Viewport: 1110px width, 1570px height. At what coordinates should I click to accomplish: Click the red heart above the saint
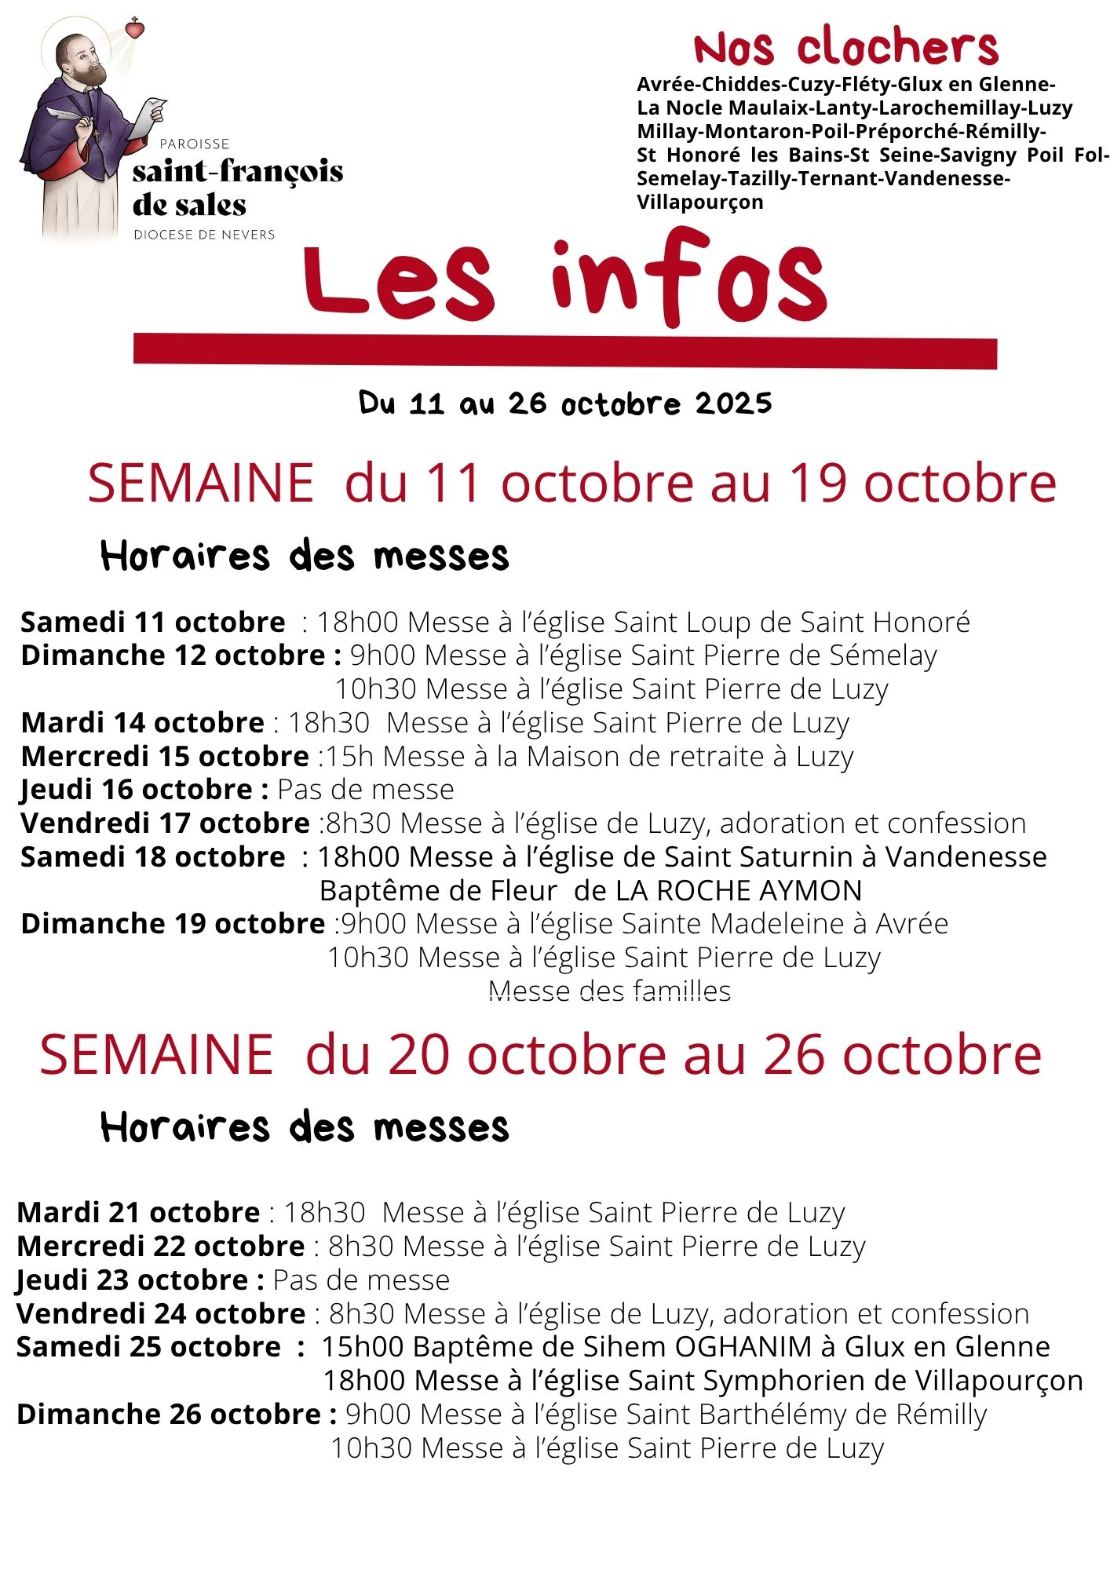pos(136,29)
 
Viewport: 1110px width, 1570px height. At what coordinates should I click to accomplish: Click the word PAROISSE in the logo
pos(194,144)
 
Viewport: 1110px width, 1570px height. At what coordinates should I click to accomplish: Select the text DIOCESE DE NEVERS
pos(204,235)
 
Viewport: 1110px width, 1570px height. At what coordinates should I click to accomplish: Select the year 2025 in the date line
pos(733,403)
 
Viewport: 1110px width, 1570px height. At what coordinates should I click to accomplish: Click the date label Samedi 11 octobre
pos(153,622)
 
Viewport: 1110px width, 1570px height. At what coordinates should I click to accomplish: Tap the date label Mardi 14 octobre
pos(142,722)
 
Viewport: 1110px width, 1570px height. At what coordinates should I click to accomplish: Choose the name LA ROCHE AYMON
pos(739,890)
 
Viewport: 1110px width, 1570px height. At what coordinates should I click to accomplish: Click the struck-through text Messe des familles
pos(609,991)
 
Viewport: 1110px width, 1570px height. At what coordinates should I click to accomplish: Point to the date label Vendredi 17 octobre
pos(165,823)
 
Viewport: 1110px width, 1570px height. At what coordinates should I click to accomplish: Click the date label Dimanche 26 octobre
pos(170,1415)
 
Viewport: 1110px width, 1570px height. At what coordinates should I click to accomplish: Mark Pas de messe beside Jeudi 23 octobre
pos(361,1280)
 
